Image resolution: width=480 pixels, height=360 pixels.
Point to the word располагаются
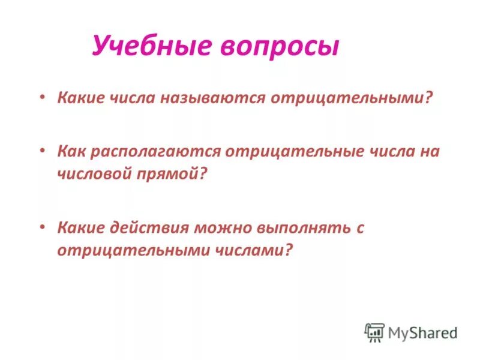coord(158,151)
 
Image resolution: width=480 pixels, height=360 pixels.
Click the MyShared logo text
coord(423,332)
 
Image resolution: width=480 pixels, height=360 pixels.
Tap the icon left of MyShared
coord(374,332)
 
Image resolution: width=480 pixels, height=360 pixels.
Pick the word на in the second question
coord(430,151)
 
